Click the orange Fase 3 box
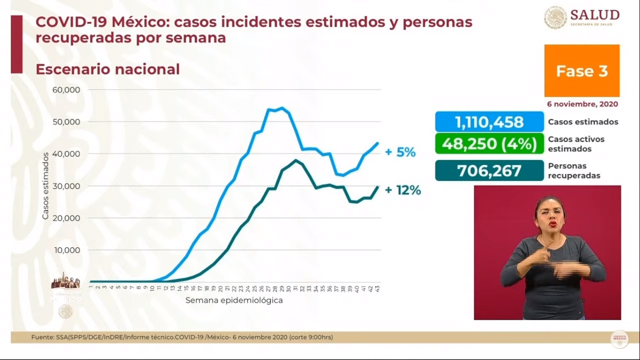(581, 71)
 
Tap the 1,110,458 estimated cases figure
(489, 122)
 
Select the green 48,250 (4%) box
(489, 143)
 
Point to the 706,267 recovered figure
(489, 171)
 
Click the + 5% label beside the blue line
(400, 152)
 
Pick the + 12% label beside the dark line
(402, 190)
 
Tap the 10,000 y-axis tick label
(67, 250)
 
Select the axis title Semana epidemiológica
(234, 300)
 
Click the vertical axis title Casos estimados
(45, 186)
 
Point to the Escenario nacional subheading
(107, 69)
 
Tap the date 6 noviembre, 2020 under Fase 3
(582, 104)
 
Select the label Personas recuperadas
(574, 171)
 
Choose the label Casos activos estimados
(576, 144)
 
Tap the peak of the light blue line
(281, 108)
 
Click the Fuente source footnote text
(182, 337)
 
